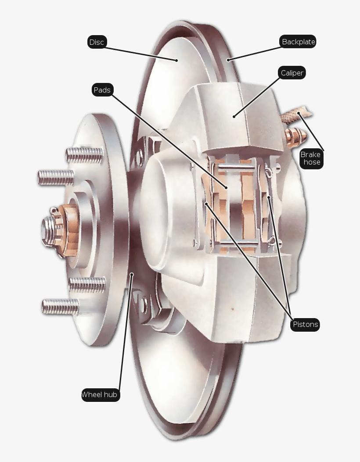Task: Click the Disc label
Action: tap(97, 42)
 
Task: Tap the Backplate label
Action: tap(298, 42)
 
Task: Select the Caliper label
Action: tap(292, 73)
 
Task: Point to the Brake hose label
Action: tap(311, 158)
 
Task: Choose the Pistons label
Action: tap(305, 325)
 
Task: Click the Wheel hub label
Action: tap(100, 394)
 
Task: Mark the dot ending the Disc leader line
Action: tap(177, 60)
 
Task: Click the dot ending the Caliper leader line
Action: tap(234, 117)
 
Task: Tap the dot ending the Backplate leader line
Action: tap(228, 59)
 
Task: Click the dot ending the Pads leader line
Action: tap(227, 187)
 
